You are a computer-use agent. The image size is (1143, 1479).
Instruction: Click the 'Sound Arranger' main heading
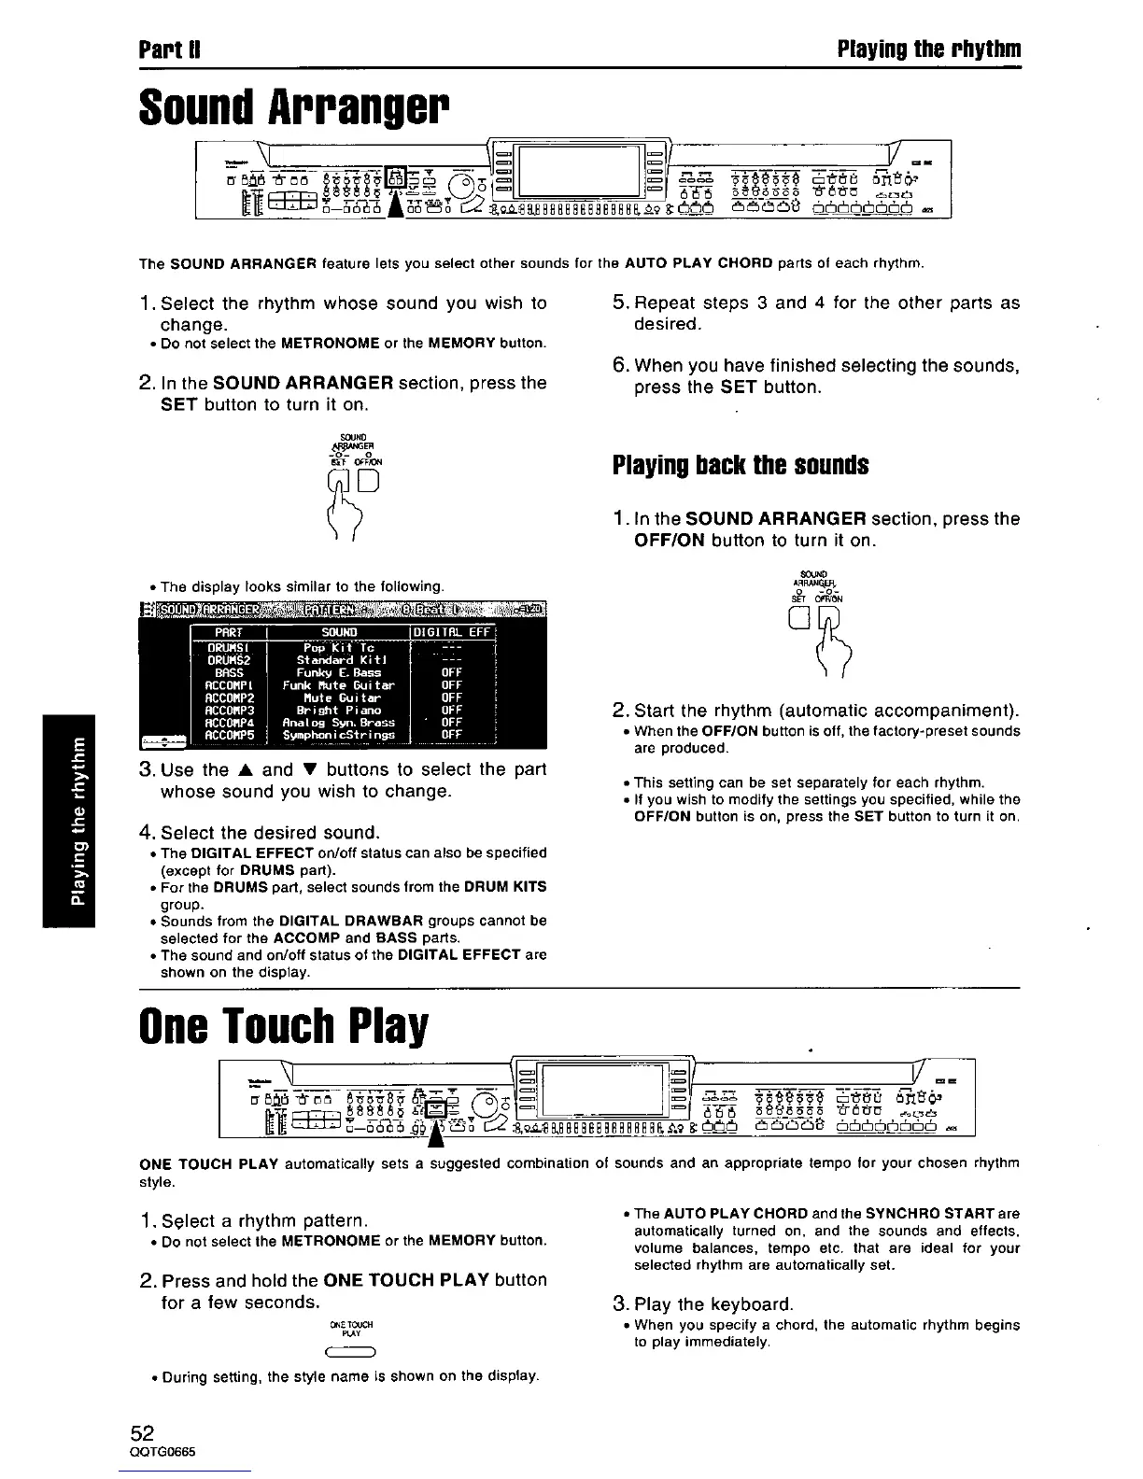[293, 110]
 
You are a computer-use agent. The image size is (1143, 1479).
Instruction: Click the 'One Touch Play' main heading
[283, 1025]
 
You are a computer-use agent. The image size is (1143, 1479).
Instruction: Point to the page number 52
[142, 1433]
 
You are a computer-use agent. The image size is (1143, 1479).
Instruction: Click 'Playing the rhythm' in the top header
[928, 49]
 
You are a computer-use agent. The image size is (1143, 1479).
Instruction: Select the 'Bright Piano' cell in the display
[338, 710]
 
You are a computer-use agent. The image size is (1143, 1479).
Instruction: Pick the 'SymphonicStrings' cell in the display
[338, 735]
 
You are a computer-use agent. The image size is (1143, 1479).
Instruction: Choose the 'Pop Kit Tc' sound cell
[338, 647]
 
